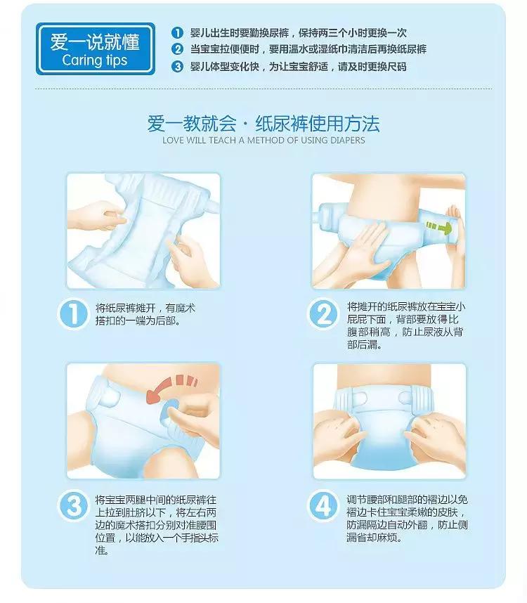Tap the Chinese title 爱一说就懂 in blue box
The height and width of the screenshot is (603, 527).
click(x=94, y=41)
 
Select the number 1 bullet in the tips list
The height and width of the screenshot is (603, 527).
click(x=177, y=33)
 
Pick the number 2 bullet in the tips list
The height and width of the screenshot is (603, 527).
click(x=177, y=49)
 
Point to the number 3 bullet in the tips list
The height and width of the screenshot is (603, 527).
click(x=177, y=66)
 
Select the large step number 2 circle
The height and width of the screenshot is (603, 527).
click(x=325, y=313)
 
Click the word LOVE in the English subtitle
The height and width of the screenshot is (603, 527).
click(x=172, y=141)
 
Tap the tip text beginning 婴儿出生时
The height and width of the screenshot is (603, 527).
click(x=298, y=33)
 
